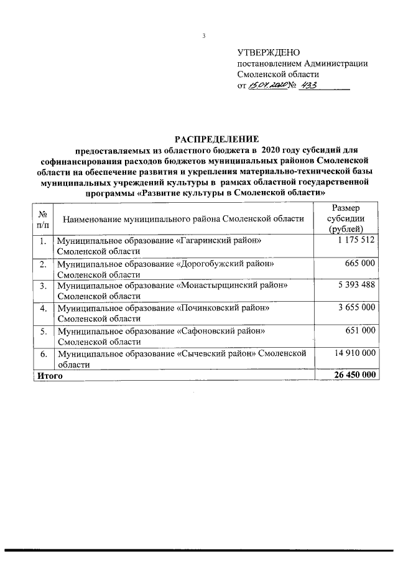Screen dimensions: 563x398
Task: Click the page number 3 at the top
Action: pyautogui.click(x=203, y=36)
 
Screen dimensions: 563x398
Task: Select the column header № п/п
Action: pyautogui.click(x=43, y=218)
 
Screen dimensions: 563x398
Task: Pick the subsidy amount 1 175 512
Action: pyautogui.click(x=353, y=240)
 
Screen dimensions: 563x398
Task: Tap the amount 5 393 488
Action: pyautogui.click(x=353, y=286)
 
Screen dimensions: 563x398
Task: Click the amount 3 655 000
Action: pyautogui.click(x=353, y=308)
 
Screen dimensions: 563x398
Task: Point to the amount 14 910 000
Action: pyautogui.click(x=351, y=353)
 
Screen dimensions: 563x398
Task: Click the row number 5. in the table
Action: pyautogui.click(x=43, y=331)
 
